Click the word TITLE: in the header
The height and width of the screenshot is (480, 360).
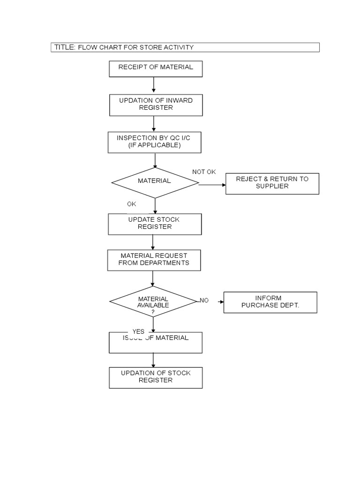65,47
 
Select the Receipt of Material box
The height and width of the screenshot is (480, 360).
156,68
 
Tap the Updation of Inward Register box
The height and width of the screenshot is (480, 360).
156,105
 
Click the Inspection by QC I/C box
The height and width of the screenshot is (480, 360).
155,142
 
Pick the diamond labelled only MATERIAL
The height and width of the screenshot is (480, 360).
155,182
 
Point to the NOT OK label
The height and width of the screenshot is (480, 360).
204,172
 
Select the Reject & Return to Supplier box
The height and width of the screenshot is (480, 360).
272,183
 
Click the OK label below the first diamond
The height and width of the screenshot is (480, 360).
131,204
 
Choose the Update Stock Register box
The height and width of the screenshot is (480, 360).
155,224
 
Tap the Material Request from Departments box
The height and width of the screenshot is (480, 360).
154,260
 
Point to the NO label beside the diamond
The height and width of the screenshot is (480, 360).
204,300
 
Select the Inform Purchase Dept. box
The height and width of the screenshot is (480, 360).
270,302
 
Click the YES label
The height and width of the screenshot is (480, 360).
138,331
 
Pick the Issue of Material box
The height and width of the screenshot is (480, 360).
156,343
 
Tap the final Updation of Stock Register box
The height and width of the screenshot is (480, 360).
156,377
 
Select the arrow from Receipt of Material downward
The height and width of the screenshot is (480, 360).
154,85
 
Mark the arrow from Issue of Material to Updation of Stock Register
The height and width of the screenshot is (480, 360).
153,360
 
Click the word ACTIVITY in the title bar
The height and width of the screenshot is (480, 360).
180,47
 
